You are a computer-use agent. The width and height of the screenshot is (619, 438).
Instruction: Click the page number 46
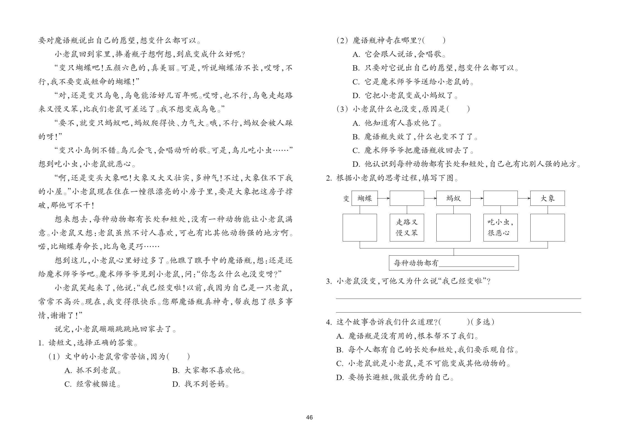tap(309, 417)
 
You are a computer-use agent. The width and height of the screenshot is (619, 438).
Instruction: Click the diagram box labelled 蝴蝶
tap(364, 198)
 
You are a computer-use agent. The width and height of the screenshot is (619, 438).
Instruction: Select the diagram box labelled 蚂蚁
tap(453, 198)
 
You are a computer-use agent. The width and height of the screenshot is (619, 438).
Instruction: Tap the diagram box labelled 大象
tap(547, 198)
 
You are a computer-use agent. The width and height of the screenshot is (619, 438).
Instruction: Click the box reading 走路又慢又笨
tap(407, 228)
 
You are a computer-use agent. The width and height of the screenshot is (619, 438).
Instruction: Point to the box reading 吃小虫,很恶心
tap(500, 228)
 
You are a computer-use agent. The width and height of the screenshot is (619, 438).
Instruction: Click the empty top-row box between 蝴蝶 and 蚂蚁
tap(407, 198)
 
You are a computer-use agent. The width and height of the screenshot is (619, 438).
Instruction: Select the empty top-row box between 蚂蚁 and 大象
tap(500, 198)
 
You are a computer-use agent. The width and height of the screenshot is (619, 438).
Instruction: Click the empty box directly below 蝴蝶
tap(360, 228)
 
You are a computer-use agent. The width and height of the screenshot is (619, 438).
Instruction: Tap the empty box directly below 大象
tap(547, 228)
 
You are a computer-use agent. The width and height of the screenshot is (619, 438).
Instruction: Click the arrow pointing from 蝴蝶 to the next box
tap(384, 198)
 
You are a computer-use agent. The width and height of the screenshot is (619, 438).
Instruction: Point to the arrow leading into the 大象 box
tap(524, 198)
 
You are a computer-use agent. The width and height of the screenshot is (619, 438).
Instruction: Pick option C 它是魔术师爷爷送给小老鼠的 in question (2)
tap(413, 82)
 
